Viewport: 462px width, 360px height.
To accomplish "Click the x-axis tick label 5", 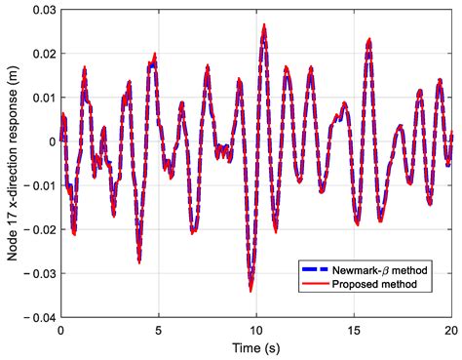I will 159,330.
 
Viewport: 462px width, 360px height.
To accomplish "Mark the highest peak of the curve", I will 264,27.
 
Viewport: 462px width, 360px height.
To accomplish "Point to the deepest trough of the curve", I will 250,289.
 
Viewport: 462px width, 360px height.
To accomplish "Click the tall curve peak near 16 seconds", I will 368,41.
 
